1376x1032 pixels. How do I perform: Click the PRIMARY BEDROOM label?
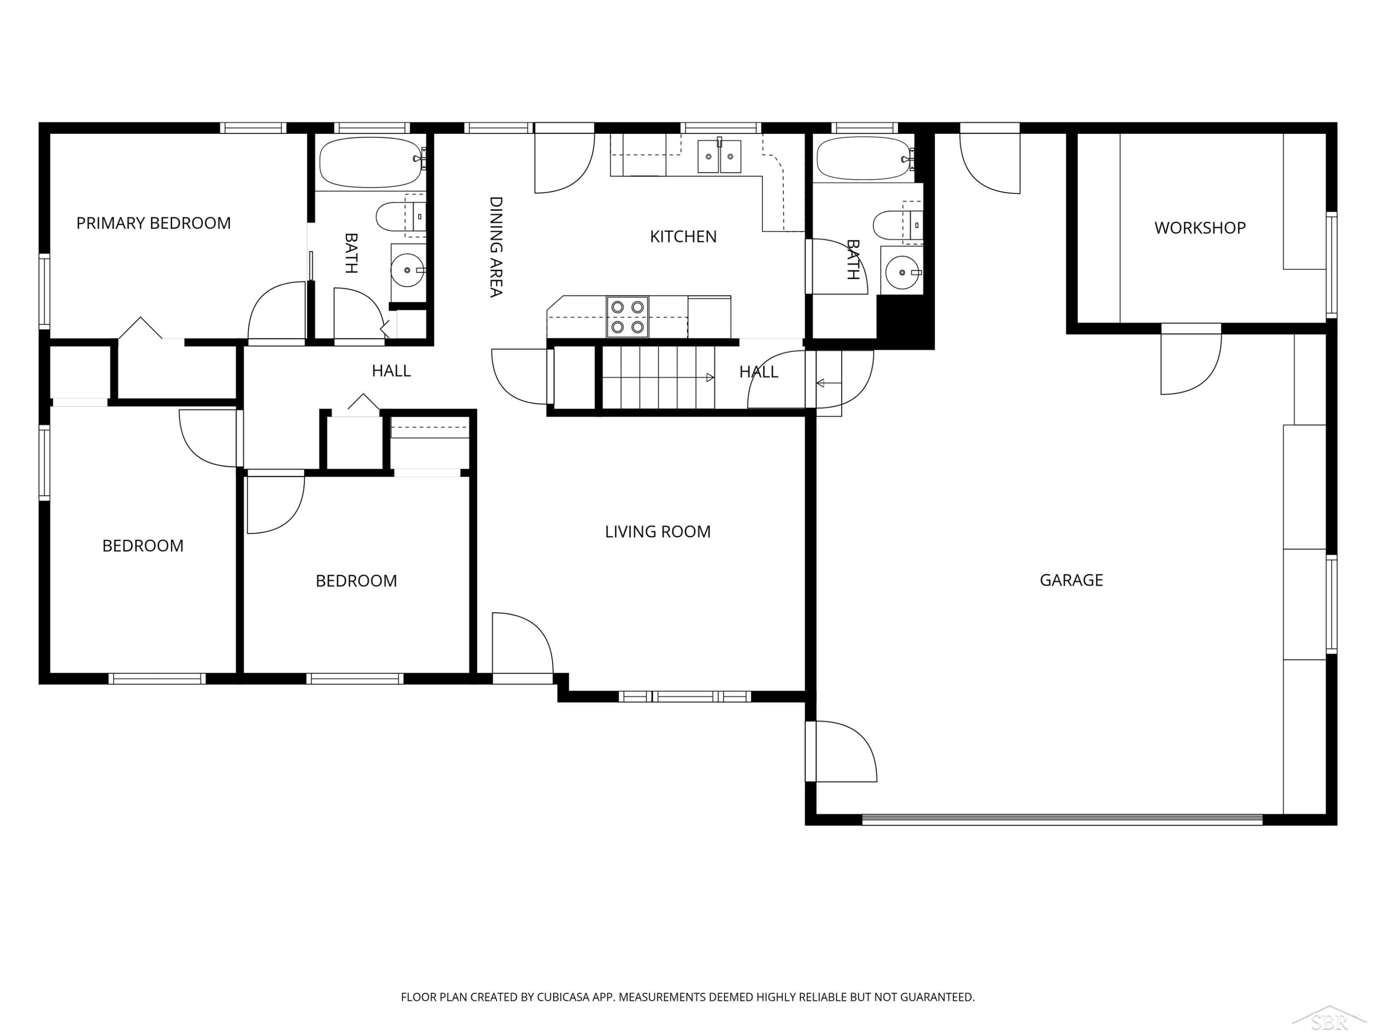153,223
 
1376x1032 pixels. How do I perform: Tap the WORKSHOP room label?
1199,227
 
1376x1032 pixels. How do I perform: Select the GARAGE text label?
1071,580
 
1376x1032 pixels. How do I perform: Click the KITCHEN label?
683,236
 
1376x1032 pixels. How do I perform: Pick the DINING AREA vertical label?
496,247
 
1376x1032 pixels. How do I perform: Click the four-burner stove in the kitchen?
627,316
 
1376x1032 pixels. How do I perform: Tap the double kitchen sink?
719,156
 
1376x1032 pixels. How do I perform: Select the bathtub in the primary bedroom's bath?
372,162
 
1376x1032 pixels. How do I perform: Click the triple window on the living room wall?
684,696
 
